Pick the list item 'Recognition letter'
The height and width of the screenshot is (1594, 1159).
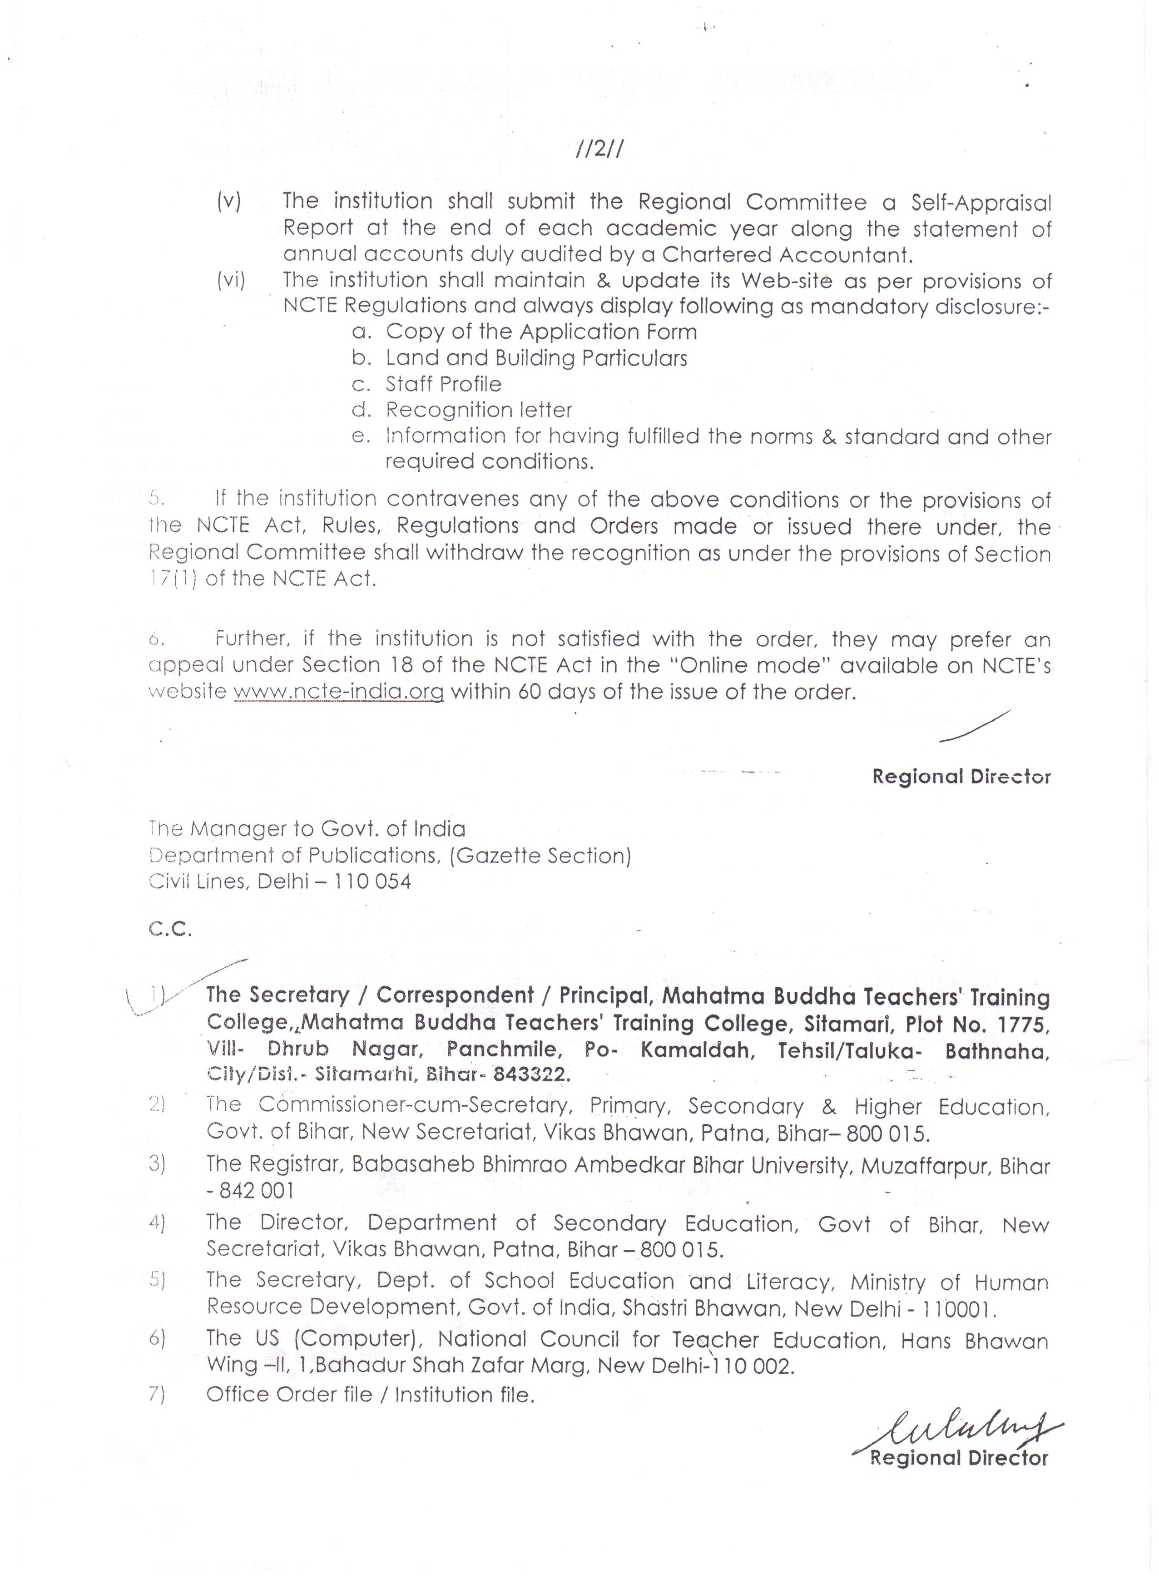(479, 410)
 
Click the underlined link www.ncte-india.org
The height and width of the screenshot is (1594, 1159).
(338, 692)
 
